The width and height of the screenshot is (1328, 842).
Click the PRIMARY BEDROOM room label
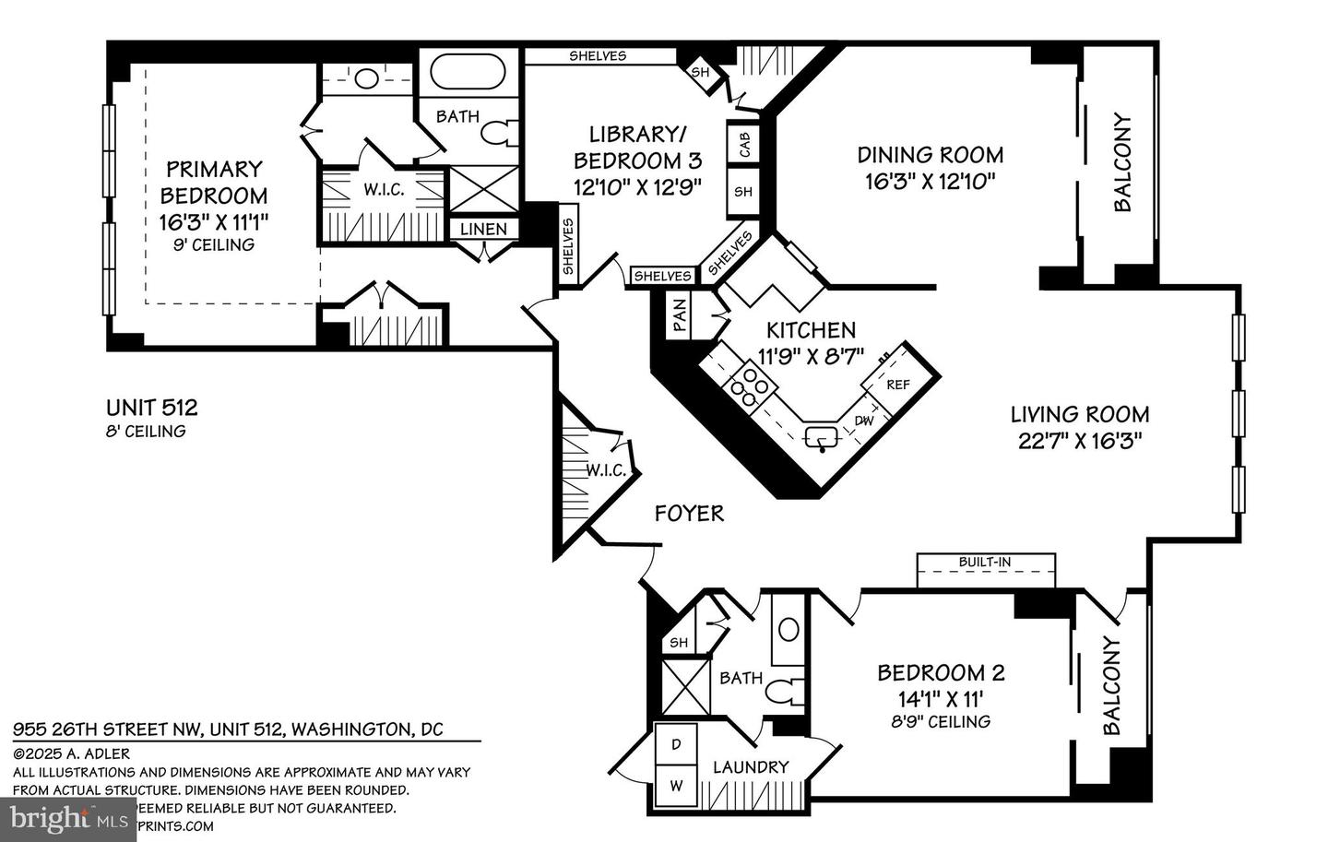(214, 183)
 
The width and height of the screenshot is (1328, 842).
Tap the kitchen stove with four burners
(751, 385)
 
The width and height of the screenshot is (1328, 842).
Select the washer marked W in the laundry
(676, 787)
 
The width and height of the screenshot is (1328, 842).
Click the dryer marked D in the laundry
(676, 744)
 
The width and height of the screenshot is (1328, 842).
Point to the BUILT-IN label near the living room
(984, 562)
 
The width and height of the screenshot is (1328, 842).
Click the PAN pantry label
(680, 314)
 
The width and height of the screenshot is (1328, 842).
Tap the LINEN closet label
(483, 229)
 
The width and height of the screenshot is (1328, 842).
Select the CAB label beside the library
(743, 144)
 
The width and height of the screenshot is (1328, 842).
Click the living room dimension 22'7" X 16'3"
(1080, 441)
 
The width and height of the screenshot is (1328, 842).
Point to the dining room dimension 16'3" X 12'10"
(930, 181)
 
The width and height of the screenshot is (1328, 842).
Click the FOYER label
(689, 514)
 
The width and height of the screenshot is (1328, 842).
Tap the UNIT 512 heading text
(151, 408)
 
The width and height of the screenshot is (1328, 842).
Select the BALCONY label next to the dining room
(1122, 162)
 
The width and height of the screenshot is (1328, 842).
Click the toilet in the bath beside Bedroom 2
(786, 692)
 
